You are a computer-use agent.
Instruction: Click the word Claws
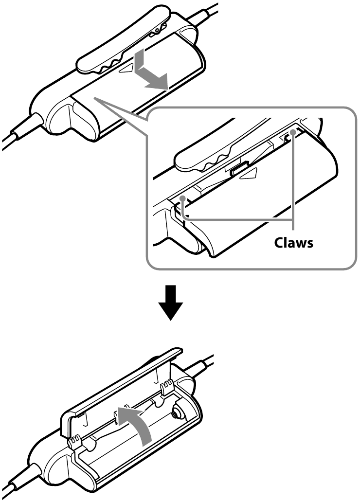point(294,243)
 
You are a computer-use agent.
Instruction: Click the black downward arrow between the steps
point(171,302)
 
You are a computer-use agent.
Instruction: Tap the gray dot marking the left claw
point(182,198)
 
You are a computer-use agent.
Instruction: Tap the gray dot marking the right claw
point(292,132)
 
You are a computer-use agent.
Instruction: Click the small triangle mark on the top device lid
point(127,68)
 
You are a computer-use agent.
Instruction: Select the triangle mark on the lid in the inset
point(250,174)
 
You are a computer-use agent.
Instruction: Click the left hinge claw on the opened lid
point(74,443)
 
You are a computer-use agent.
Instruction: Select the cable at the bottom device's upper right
point(200,363)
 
